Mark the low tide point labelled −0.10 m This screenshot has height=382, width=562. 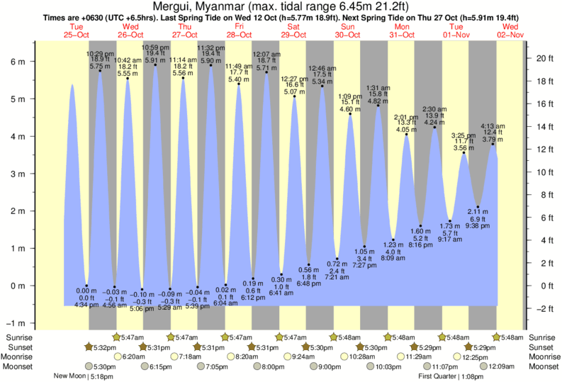click(142, 290)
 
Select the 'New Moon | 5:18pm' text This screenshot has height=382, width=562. click(83, 376)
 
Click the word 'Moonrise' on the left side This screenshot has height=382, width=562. click(19, 356)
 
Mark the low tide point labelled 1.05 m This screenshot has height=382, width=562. click(365, 247)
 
